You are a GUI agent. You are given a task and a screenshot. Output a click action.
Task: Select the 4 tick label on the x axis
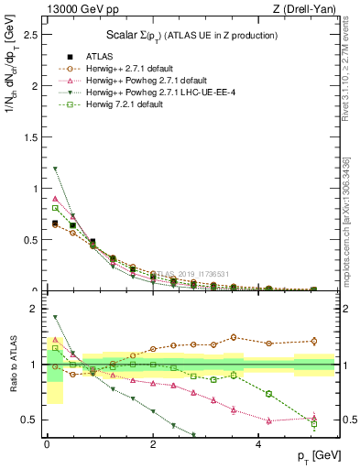pyautogui.click(x=258, y=444)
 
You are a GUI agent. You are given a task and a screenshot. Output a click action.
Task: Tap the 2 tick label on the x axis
pyautogui.click(x=153, y=444)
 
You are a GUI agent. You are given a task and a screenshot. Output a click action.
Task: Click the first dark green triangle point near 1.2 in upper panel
pyautogui.click(x=55, y=169)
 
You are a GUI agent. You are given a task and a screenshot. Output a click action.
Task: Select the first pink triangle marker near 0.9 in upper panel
pyautogui.click(x=55, y=199)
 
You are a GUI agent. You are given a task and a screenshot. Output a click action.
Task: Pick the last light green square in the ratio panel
pyautogui.click(x=313, y=424)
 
